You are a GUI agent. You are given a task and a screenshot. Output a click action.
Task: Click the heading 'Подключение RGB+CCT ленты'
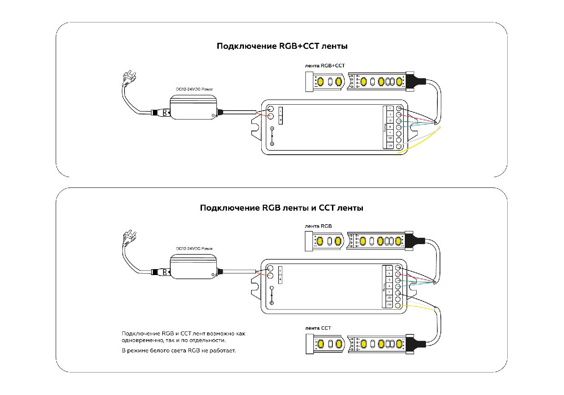coord(282,46)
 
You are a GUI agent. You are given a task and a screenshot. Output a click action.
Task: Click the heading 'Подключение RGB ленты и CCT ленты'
coord(282,208)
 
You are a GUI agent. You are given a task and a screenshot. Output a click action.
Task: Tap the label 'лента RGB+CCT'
coord(325,66)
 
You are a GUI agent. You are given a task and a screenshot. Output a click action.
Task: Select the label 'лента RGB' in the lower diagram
coord(318,226)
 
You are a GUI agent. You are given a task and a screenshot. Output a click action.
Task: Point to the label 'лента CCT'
coord(318,328)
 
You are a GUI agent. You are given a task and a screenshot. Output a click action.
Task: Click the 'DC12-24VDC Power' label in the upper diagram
coord(194,89)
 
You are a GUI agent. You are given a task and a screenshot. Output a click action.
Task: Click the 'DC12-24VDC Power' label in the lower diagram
coord(194,249)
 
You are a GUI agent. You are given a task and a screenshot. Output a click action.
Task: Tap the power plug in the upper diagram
coord(128,78)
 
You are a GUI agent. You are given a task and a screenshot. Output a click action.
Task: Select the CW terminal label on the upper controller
coord(390,146)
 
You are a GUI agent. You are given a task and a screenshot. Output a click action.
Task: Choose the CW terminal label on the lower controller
coord(389,305)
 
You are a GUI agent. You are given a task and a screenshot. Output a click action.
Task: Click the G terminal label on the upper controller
coord(390,121)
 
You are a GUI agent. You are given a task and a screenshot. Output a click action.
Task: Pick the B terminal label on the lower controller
coord(389,286)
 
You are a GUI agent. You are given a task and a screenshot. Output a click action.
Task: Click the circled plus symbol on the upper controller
coord(272,144)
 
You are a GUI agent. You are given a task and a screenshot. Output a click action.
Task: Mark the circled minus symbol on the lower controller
coord(272,288)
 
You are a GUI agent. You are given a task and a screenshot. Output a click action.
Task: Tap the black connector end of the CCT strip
coord(416,343)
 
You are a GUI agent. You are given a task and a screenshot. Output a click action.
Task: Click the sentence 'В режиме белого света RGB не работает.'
coord(178,351)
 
